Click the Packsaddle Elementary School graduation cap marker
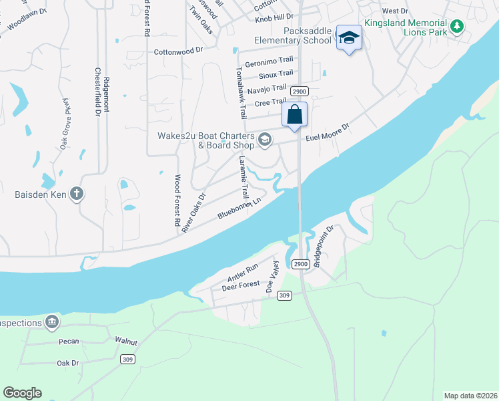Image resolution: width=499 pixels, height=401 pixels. pos(348,38)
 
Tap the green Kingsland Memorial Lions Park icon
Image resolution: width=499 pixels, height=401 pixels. pos(457,27)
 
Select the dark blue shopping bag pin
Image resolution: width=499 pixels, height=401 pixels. pos(294,115)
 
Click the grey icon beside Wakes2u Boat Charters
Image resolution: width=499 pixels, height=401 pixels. pos(265,138)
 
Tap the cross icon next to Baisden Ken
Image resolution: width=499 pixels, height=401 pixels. pos(77,194)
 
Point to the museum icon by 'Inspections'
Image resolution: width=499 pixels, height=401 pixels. pos(52,323)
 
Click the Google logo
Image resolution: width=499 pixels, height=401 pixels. pos(22,393)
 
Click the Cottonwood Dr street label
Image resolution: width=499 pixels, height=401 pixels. pos(177,51)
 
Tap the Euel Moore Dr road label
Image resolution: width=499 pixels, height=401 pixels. pos(328,132)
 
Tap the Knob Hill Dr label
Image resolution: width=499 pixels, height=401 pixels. pos(274,19)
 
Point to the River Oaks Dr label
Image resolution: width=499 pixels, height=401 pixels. pos(193,213)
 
